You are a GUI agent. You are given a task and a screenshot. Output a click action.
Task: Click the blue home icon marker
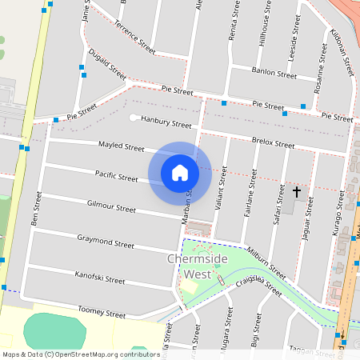click(x=180, y=172)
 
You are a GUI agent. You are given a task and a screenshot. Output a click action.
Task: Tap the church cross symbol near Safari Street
click(x=297, y=192)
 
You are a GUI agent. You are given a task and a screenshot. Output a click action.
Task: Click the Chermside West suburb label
click(x=189, y=266)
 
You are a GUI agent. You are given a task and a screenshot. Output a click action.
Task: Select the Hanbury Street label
click(x=166, y=124)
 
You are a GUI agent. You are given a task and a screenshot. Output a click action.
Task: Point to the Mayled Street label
click(x=121, y=148)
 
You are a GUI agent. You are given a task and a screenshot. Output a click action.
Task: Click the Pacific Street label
click(x=116, y=175)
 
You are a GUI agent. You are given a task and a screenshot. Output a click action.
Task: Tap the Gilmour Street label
click(x=111, y=207)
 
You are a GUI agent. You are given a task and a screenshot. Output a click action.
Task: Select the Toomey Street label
click(x=102, y=312)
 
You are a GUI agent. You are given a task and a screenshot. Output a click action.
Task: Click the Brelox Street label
click(x=273, y=142)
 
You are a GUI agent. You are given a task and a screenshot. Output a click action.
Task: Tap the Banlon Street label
click(x=274, y=73)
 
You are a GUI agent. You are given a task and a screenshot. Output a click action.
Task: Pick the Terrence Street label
click(x=134, y=38)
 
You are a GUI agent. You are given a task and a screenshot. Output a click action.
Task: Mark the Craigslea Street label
click(x=257, y=285)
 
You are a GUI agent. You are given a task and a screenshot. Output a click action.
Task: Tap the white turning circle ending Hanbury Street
click(x=133, y=118)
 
